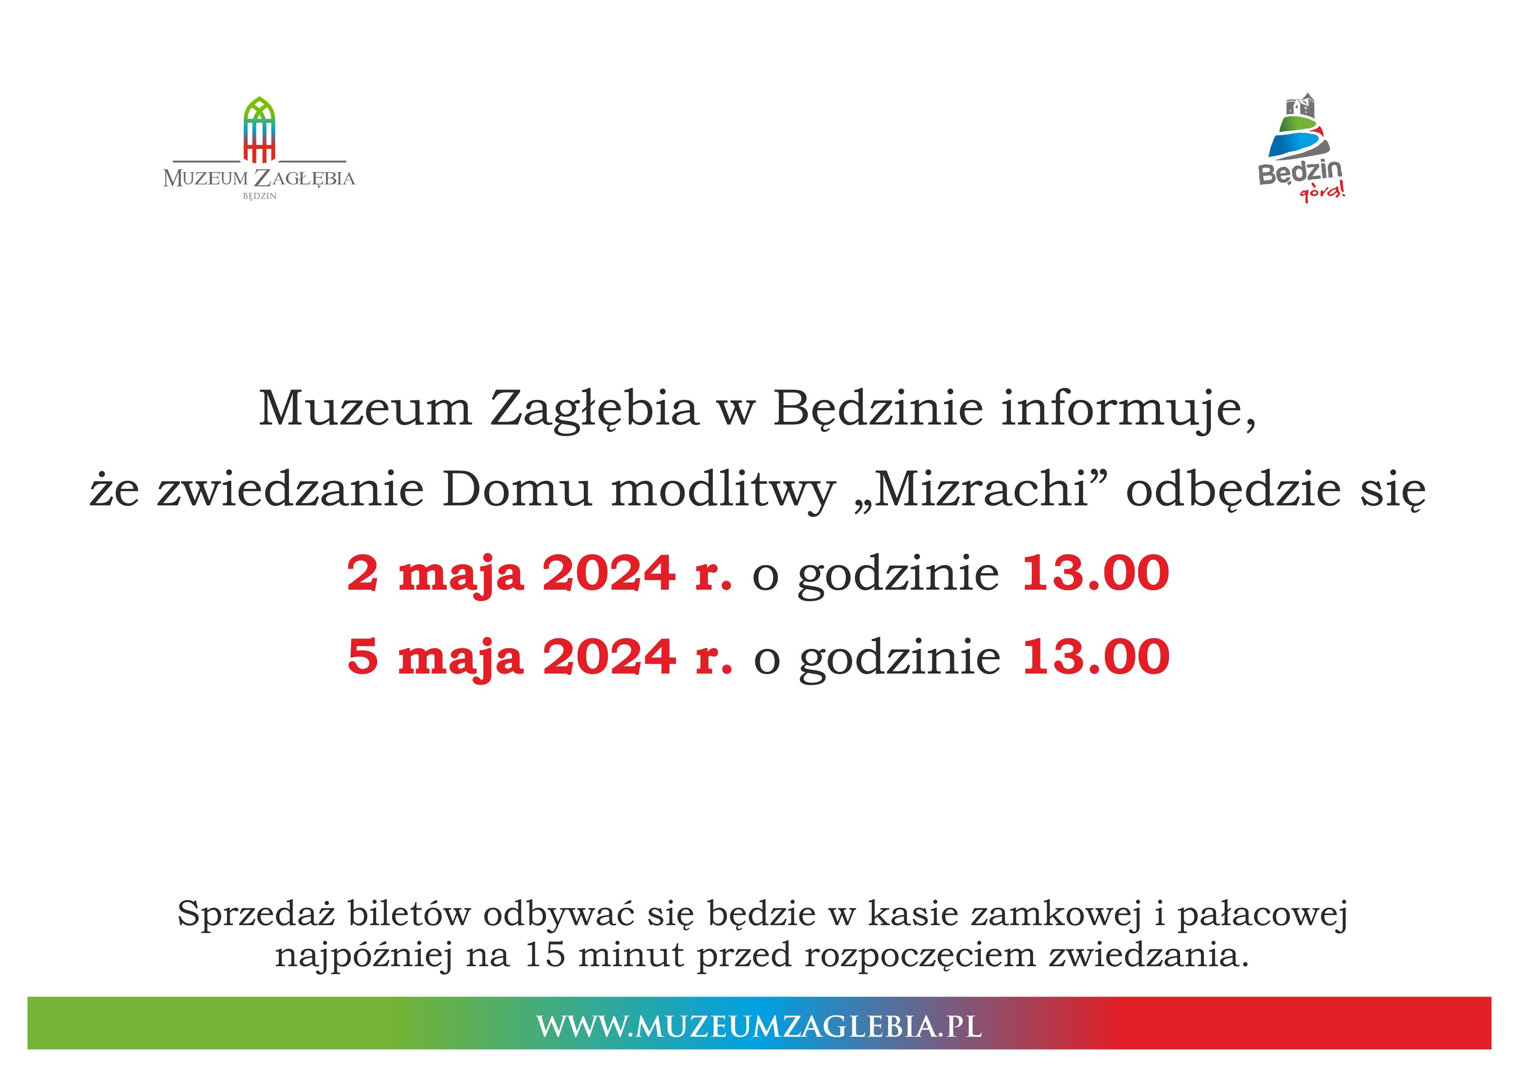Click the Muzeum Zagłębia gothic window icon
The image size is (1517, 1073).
click(259, 130)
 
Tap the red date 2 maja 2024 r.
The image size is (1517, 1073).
click(540, 574)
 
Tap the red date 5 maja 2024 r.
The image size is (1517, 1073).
click(540, 658)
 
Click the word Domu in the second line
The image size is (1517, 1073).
click(517, 490)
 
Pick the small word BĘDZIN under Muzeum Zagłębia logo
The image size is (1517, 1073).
click(259, 196)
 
